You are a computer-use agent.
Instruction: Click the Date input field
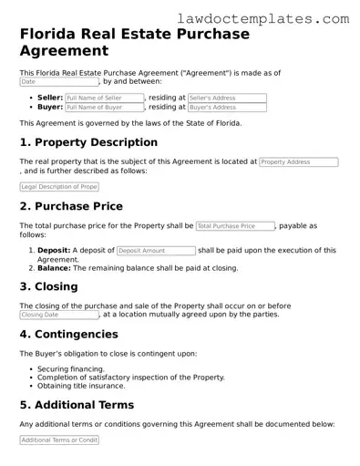pyautogui.click(x=58, y=82)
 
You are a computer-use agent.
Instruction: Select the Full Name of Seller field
pyautogui.click(x=104, y=98)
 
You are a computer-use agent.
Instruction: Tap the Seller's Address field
pyautogui.click(x=227, y=98)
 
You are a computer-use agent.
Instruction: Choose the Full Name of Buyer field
pyautogui.click(x=104, y=108)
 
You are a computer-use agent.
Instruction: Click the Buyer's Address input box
pyautogui.click(x=227, y=108)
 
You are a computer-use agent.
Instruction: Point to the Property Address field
pyautogui.click(x=298, y=161)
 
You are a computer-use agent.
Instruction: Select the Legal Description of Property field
pyautogui.click(x=58, y=187)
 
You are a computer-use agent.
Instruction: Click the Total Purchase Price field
pyautogui.click(x=235, y=225)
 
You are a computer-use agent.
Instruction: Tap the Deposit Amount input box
pyautogui.click(x=156, y=250)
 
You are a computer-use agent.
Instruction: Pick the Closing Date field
pyautogui.click(x=58, y=315)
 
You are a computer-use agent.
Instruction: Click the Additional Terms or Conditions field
pyautogui.click(x=58, y=440)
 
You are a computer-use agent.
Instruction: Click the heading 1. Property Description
pyautogui.click(x=88, y=142)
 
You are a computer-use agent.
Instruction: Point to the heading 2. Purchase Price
pyautogui.click(x=71, y=206)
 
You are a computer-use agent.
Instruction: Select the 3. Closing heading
pyautogui.click(x=48, y=286)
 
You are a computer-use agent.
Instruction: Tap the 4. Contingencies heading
pyautogui.click(x=68, y=334)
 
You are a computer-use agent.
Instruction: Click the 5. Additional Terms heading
pyautogui.click(x=77, y=405)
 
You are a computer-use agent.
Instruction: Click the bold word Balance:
pyautogui.click(x=54, y=268)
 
